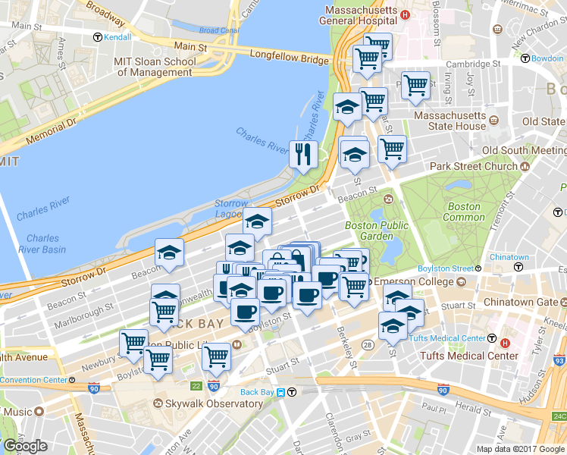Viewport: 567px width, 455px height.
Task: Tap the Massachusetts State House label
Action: [450, 121]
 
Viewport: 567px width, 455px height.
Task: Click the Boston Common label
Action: [463, 212]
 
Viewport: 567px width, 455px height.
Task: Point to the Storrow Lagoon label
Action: [230, 209]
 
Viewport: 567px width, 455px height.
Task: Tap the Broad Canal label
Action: [218, 31]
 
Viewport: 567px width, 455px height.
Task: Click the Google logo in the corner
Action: [25, 445]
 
